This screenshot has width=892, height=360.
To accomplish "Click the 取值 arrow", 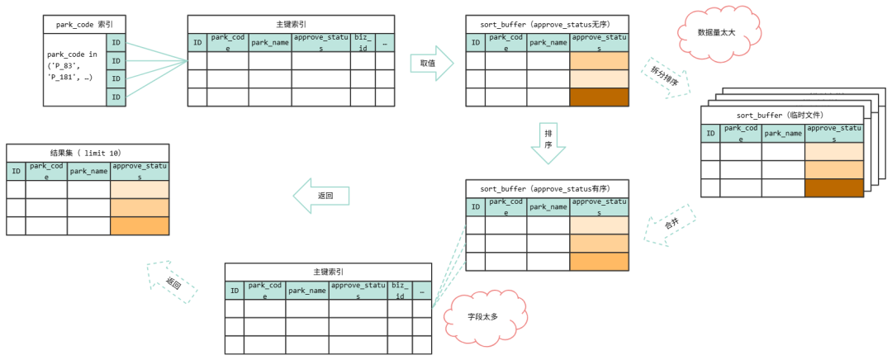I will click(x=431, y=63).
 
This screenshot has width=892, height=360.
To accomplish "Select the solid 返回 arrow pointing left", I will click(x=322, y=197).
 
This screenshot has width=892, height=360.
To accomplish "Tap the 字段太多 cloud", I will click(x=482, y=315).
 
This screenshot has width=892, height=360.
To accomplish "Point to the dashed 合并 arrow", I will click(x=669, y=225).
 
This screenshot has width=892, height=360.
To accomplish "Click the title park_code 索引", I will click(x=85, y=25).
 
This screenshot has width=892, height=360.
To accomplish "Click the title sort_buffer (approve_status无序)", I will click(x=546, y=23).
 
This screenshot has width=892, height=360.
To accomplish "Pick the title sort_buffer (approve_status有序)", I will click(x=546, y=188).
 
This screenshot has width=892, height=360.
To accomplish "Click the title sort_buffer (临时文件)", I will click(x=780, y=115).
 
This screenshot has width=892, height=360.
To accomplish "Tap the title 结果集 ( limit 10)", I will click(x=87, y=153).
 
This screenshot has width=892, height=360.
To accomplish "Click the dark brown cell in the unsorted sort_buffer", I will click(x=599, y=97).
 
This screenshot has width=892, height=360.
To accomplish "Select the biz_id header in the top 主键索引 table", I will click(x=362, y=42).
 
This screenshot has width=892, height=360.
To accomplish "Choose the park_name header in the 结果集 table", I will click(x=88, y=171).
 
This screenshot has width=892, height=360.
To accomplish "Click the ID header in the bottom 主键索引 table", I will click(x=234, y=290).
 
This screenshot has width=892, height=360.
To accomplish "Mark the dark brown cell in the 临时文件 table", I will click(x=833, y=187).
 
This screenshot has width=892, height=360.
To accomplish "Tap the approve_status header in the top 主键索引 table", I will click(x=320, y=42).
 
